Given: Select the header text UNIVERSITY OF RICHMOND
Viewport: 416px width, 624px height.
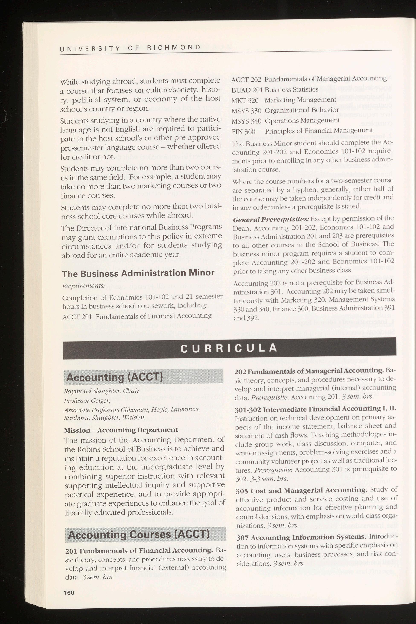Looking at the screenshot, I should (x=130, y=48).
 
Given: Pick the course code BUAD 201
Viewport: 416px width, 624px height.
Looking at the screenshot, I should (x=247, y=90).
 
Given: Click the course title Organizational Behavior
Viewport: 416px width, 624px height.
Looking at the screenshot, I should (x=302, y=110).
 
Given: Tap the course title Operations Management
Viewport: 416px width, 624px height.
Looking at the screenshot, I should (x=302, y=120).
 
